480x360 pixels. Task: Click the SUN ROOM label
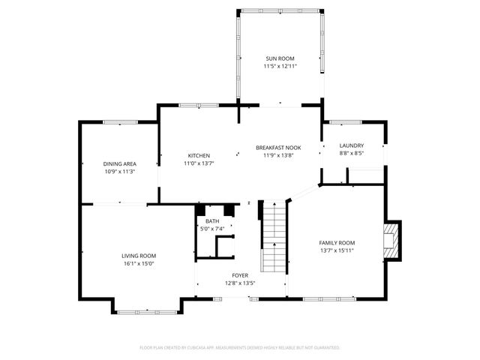click(x=280, y=58)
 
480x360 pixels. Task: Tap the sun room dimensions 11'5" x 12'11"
click(x=280, y=66)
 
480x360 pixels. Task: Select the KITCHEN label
click(x=198, y=155)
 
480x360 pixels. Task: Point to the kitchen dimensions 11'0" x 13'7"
click(x=198, y=163)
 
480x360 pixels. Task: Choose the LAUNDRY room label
click(x=351, y=145)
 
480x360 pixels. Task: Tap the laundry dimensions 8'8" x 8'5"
click(x=351, y=154)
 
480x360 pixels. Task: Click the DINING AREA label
click(x=119, y=163)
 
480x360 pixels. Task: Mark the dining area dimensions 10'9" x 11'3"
click(x=119, y=172)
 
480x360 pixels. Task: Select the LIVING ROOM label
click(x=139, y=255)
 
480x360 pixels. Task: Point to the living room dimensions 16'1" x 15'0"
click(x=139, y=263)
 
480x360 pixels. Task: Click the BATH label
click(x=212, y=221)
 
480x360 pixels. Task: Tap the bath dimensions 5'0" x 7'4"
click(x=212, y=229)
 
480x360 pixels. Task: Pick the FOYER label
click(x=240, y=275)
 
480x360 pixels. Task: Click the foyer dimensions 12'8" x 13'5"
click(x=240, y=283)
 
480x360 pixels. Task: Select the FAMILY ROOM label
click(x=337, y=243)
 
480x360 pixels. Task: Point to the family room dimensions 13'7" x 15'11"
click(x=337, y=251)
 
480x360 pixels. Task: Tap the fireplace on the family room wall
click(x=391, y=241)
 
